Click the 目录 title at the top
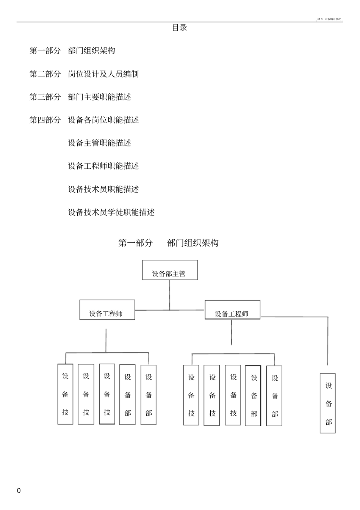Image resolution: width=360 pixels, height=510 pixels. [180, 28]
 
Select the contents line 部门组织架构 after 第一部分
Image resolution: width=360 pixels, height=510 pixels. [91, 51]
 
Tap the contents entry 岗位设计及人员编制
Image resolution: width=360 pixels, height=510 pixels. [103, 74]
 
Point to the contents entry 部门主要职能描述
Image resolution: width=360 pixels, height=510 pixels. [99, 97]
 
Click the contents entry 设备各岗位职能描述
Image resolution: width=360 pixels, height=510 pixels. [103, 120]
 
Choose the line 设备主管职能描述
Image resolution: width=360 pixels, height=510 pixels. [99, 143]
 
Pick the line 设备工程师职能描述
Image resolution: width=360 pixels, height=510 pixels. [103, 166]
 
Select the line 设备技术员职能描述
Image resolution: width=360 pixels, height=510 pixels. [103, 189]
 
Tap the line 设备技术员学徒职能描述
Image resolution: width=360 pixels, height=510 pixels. [111, 212]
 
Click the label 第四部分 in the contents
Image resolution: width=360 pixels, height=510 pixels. [45, 120]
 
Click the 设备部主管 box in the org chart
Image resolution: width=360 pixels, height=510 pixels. [170, 270]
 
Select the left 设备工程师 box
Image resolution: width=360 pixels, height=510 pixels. [107, 310]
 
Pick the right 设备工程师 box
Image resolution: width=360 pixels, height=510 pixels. [232, 310]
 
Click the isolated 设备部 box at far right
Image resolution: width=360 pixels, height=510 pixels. [328, 403]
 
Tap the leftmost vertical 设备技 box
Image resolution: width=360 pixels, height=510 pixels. [65, 394]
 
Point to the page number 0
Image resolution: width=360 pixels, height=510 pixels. [19, 491]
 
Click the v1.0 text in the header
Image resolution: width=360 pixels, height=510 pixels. [320, 19]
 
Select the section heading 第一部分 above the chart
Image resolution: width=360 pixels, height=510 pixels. [135, 243]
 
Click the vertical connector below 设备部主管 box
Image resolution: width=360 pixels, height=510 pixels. [169, 295]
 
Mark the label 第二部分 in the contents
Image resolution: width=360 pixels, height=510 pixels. [45, 74]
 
